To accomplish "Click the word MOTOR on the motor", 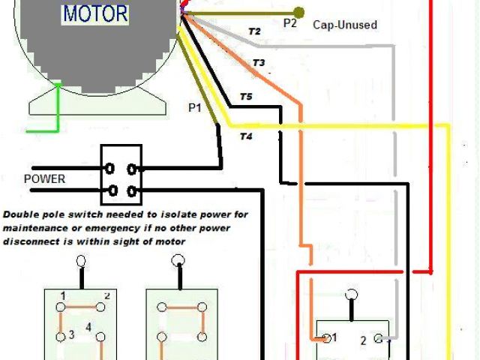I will [95, 13].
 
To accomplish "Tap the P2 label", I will [291, 23].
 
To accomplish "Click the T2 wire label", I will [254, 31].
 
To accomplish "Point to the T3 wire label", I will [259, 64].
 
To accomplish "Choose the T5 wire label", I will [246, 97].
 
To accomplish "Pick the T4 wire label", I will [246, 136].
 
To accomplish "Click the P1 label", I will [194, 107].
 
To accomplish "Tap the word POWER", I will [44, 179].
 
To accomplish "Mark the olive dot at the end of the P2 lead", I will [299, 12].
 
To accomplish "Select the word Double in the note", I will [22, 214].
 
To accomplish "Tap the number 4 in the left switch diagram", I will [88, 327].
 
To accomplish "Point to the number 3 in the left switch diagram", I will [70, 334].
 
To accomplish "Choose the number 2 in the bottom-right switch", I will [363, 340].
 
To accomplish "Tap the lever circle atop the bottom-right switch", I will [351, 295].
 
